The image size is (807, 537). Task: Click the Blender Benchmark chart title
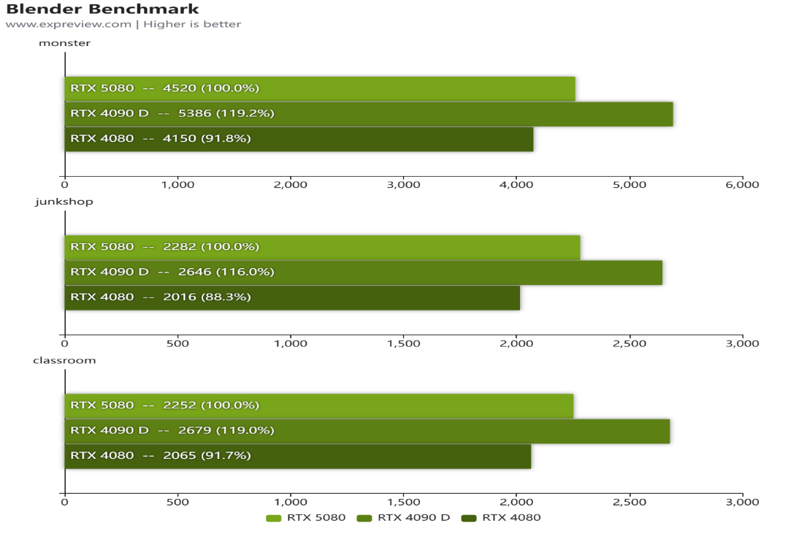(x=102, y=9)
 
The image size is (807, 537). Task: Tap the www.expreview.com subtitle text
(x=123, y=24)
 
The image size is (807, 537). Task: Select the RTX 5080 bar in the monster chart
(x=320, y=88)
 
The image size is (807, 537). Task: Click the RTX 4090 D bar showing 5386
(x=369, y=113)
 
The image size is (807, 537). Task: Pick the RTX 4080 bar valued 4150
(x=299, y=138)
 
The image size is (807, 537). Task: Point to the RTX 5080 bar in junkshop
(x=322, y=247)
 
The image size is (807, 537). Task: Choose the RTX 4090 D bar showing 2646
(x=363, y=272)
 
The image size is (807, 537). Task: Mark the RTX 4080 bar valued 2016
(x=292, y=297)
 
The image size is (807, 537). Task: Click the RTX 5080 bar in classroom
(x=318, y=405)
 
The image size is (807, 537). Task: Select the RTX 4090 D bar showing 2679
(x=367, y=430)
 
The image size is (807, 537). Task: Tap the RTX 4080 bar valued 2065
(x=297, y=455)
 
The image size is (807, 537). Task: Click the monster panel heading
(x=64, y=43)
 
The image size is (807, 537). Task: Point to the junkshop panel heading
(x=64, y=202)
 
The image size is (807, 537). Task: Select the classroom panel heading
(x=65, y=360)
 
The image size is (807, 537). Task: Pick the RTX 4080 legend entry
(x=503, y=518)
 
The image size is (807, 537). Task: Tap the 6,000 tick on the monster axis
(x=743, y=185)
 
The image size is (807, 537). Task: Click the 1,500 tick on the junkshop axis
(x=404, y=343)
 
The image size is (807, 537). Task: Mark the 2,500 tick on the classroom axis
(x=630, y=502)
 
